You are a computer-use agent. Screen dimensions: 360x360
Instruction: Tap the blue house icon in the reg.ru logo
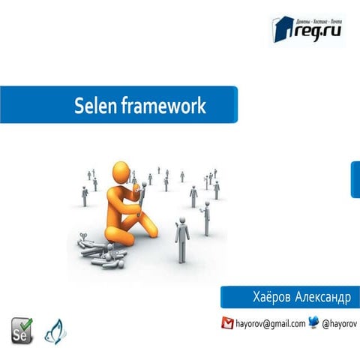pyautogui.click(x=278, y=29)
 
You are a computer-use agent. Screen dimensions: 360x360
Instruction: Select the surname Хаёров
pyautogui.click(x=274, y=297)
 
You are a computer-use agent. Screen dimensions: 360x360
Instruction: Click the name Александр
pyautogui.click(x=322, y=297)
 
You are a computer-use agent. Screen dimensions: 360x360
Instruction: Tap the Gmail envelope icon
pyautogui.click(x=227, y=323)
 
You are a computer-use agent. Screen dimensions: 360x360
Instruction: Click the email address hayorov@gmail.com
pyautogui.click(x=270, y=324)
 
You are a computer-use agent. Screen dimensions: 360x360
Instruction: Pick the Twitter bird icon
pyautogui.click(x=313, y=323)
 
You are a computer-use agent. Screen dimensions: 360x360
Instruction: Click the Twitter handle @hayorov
pyautogui.click(x=339, y=324)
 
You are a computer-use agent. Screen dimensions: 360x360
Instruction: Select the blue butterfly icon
pyautogui.click(x=55, y=331)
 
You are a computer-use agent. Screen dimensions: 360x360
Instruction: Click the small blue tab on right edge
pyautogui.click(x=355, y=179)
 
